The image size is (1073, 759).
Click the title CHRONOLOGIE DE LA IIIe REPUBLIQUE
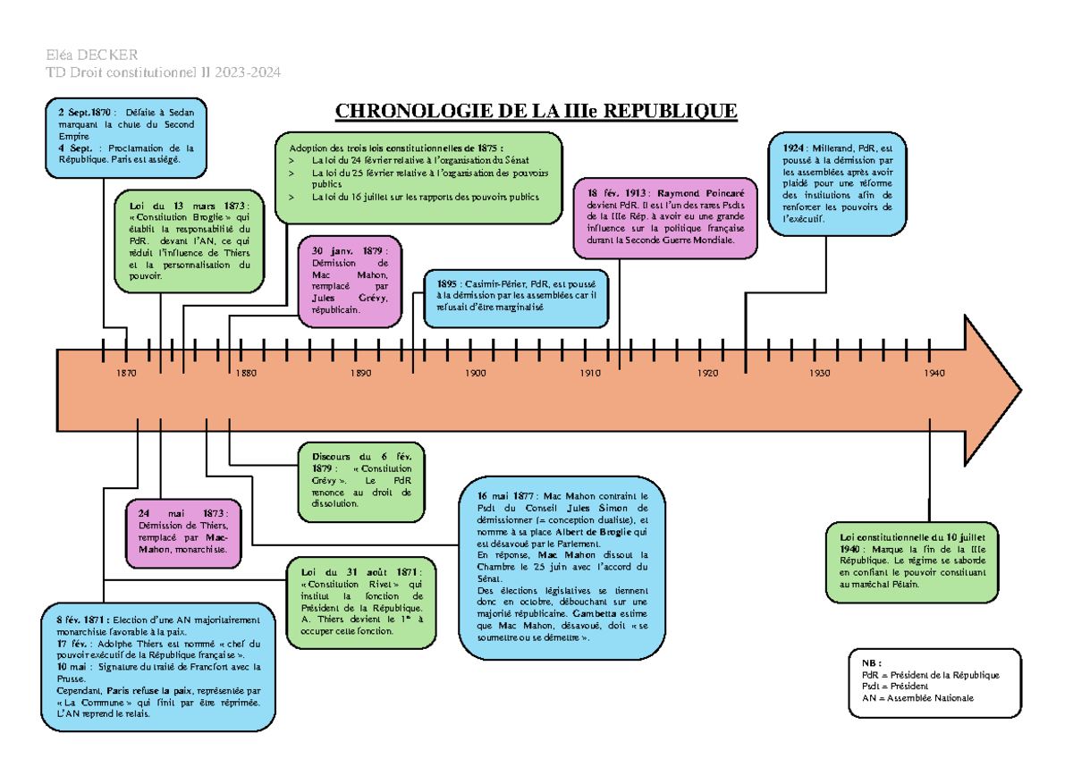click(x=536, y=111)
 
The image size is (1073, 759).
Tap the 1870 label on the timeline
click(x=126, y=373)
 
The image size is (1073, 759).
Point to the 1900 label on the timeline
click(x=475, y=373)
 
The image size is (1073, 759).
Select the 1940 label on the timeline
click(x=934, y=373)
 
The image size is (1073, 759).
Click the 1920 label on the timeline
click(x=707, y=373)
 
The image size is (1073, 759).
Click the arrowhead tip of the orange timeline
click(x=1021, y=391)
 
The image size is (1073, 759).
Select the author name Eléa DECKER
click(x=92, y=55)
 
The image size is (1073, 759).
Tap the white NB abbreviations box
click(x=934, y=683)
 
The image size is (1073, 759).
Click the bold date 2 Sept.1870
click(x=84, y=113)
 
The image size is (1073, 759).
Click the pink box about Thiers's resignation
click(x=183, y=534)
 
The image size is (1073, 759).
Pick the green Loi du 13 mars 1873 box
click(x=190, y=241)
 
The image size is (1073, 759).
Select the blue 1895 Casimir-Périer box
click(x=517, y=299)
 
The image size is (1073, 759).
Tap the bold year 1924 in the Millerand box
click(x=793, y=148)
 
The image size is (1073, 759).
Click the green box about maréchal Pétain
click(x=912, y=562)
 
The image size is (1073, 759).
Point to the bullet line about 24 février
click(x=420, y=160)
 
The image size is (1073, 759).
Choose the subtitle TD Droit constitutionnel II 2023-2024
click(x=163, y=72)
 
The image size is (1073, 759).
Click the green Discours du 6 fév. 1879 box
click(x=361, y=482)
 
